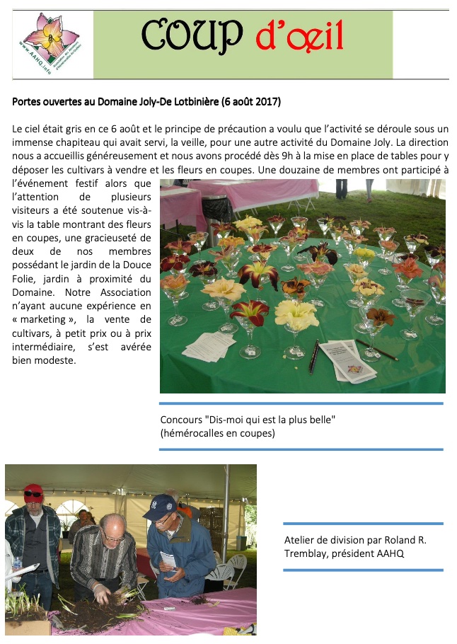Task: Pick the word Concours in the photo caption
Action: coord(181,420)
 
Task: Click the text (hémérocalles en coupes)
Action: coord(217,432)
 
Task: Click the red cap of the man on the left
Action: coord(33,490)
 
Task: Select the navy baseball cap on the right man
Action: coord(161,505)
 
